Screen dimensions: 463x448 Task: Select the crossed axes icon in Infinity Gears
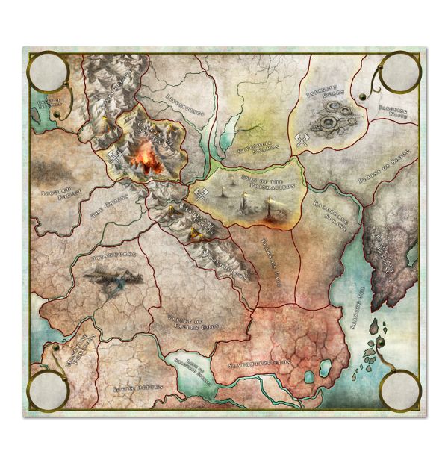coord(300,140)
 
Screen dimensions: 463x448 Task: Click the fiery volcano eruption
coord(147,158)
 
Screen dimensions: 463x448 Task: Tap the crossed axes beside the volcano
coord(116,155)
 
